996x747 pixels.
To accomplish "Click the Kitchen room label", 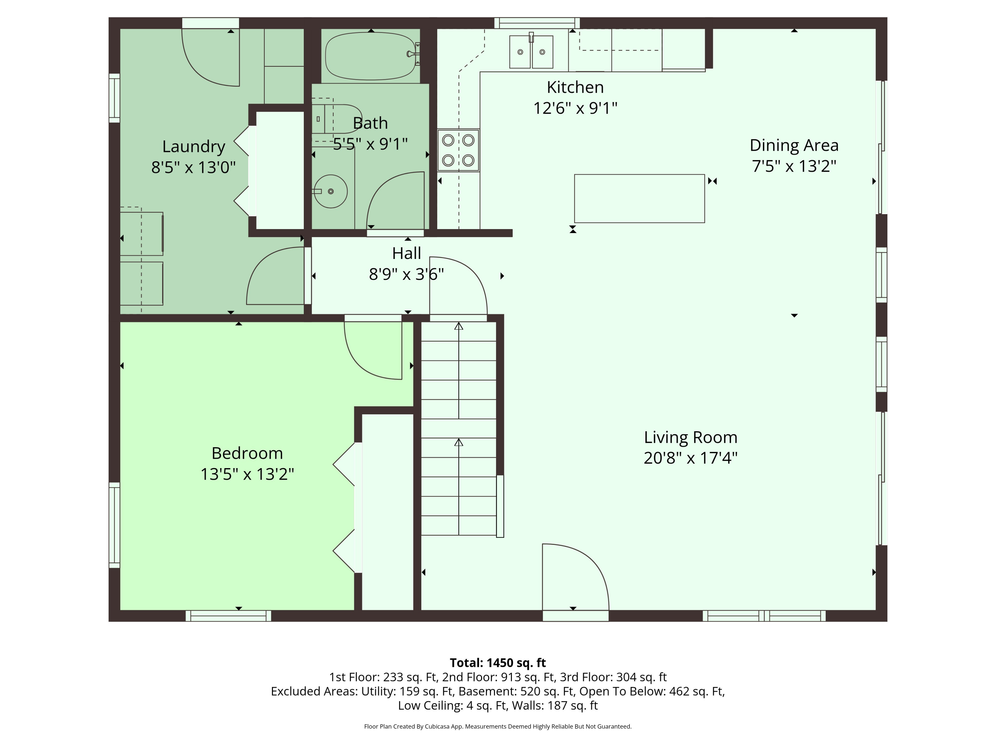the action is coord(575,87).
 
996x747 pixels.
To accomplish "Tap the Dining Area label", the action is coord(794,145).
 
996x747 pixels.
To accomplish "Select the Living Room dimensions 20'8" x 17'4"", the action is coord(690,458).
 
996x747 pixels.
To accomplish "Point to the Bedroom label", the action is coord(247,453).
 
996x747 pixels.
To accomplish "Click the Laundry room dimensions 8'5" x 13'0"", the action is coord(193,168).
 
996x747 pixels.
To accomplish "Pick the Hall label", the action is coord(407,253).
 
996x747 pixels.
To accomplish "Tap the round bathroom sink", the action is coord(330,191).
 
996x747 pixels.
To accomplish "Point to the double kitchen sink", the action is coord(531,52).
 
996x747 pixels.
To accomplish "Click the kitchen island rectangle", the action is coord(639,199).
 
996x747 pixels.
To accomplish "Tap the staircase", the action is coord(458,429).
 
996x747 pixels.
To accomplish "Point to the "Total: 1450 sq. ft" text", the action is coord(498,663).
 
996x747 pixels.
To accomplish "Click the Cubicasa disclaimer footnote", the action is coord(498,726).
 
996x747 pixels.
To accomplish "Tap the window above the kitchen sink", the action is coord(537,23).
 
